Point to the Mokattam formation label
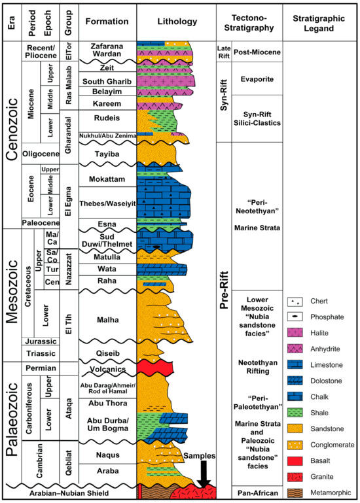[x=107, y=177]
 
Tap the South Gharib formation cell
[x=107, y=81]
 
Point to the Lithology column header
[x=176, y=21]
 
